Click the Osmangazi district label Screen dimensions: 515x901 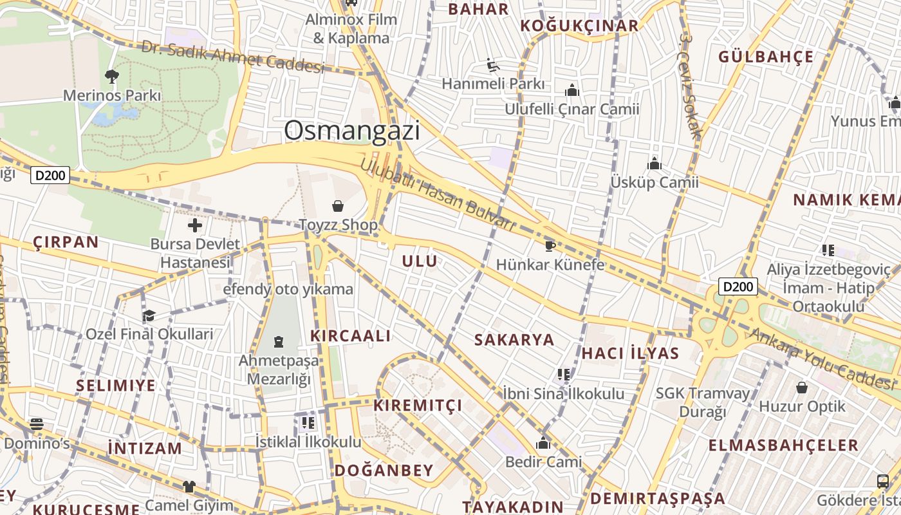click(351, 131)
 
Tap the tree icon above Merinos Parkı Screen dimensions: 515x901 click(112, 77)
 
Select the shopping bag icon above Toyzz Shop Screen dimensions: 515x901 click(338, 206)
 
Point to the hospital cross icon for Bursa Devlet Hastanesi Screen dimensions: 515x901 click(194, 225)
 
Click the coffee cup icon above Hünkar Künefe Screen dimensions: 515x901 click(550, 245)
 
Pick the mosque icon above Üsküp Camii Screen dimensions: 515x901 click(655, 164)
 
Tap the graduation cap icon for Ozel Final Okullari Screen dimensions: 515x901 click(149, 315)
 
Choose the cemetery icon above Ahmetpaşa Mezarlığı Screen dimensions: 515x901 click(279, 341)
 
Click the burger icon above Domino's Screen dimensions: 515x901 click(37, 424)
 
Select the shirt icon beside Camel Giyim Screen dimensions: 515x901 click(189, 487)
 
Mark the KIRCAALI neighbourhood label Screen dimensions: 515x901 click(351, 335)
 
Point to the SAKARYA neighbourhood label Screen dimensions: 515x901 click(514, 340)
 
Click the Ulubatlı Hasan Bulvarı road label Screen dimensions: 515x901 click(438, 194)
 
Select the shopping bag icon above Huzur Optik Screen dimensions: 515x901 click(802, 388)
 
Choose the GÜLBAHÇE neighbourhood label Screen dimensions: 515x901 click(766, 57)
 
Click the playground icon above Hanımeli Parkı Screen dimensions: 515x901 click(492, 65)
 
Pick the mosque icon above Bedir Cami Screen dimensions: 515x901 click(543, 443)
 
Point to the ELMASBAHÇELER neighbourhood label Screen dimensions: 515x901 click(783, 445)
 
